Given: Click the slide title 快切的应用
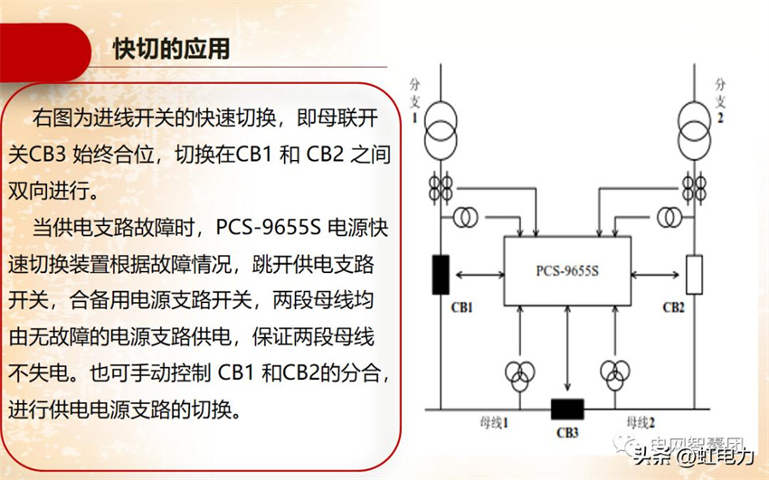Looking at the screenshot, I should point(171,48).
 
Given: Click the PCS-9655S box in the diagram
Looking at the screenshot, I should point(566,270).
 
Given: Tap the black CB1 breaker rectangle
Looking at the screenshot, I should point(441,275).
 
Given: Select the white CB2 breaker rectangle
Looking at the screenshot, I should point(694,275).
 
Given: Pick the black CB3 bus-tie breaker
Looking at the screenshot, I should point(567,409).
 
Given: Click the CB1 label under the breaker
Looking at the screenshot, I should point(462,306).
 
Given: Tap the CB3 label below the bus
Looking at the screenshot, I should point(567,432).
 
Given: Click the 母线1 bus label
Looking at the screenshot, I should point(497,421).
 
